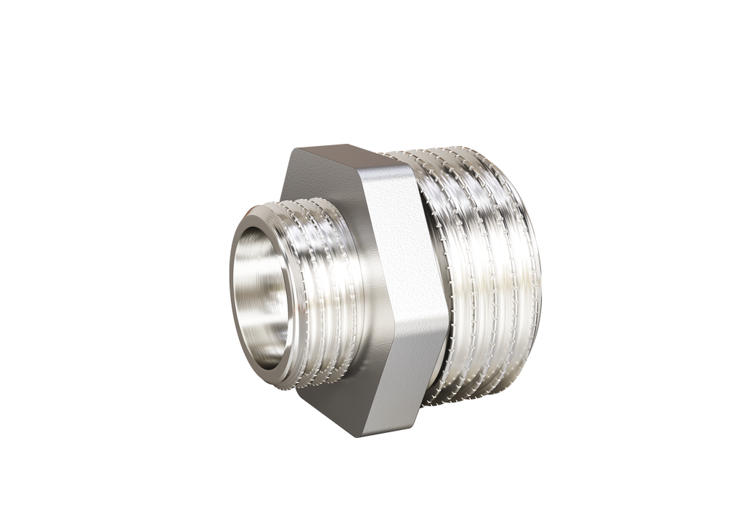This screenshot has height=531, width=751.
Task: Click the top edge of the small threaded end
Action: pos(305,198)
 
